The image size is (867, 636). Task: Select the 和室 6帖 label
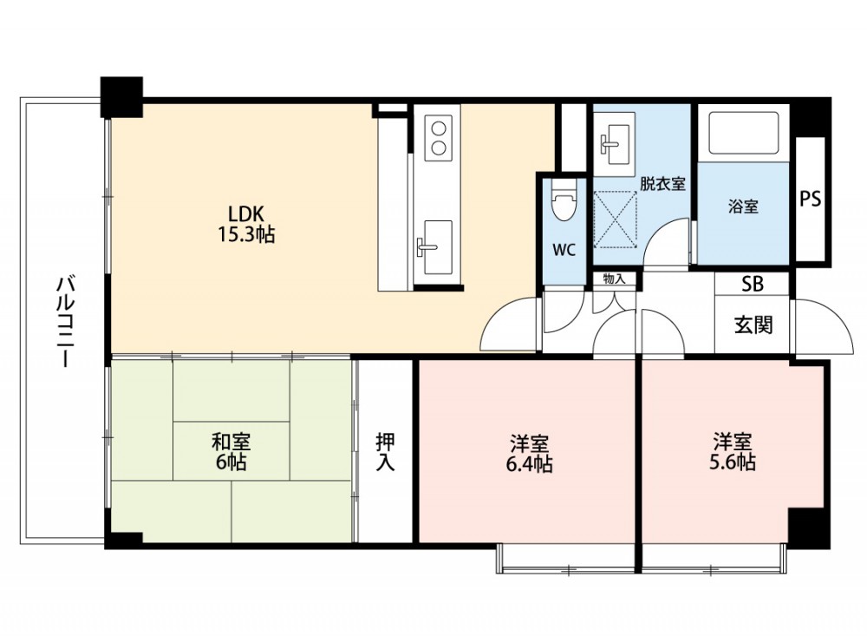click(231, 451)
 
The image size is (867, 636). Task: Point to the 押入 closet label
click(386, 451)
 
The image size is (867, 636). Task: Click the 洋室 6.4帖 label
click(529, 453)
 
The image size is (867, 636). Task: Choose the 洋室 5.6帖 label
click(732, 452)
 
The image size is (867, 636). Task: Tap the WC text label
click(564, 250)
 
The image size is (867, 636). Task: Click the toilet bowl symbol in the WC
click(564, 202)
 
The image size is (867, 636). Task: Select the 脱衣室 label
click(663, 183)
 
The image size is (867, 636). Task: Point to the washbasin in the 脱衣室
click(614, 139)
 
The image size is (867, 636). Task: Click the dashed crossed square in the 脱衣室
click(615, 220)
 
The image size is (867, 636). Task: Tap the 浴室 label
click(743, 207)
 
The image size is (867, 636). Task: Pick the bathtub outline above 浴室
click(744, 133)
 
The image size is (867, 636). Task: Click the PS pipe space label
click(811, 199)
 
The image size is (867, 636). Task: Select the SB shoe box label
click(752, 284)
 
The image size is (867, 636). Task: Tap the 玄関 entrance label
click(753, 325)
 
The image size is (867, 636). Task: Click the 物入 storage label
click(614, 279)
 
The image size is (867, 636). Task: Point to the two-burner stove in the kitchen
click(439, 138)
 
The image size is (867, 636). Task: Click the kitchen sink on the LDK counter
click(437, 247)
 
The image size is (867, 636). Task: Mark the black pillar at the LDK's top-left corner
click(121, 97)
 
